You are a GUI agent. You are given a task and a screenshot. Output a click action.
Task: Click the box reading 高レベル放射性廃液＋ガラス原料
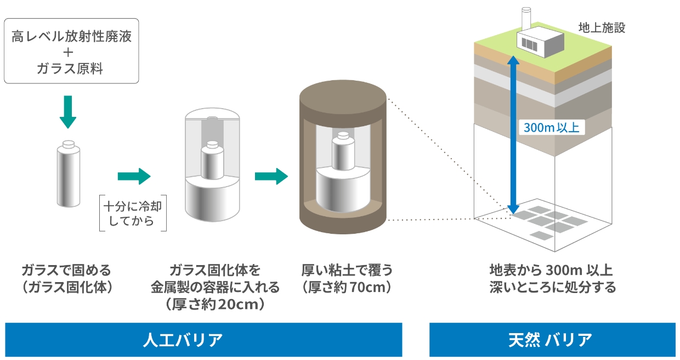point(71,50)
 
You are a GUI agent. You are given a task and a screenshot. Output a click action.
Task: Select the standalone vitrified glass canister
point(68,175)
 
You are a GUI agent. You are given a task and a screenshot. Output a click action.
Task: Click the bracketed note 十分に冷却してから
point(133,213)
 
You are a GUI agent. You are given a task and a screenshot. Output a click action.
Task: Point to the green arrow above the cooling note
point(133,176)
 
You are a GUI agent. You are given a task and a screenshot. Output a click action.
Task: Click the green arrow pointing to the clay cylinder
point(271,176)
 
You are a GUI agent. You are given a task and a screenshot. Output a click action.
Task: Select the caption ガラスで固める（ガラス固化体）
point(66,279)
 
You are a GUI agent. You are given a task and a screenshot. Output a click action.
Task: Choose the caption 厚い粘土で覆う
point(347,270)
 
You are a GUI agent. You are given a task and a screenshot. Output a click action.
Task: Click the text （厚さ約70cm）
point(347,287)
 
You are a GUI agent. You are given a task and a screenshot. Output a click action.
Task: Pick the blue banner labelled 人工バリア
point(203,340)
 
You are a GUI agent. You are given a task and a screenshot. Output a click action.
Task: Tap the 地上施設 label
point(601,27)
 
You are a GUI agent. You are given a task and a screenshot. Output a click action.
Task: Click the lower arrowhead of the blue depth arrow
point(513,208)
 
